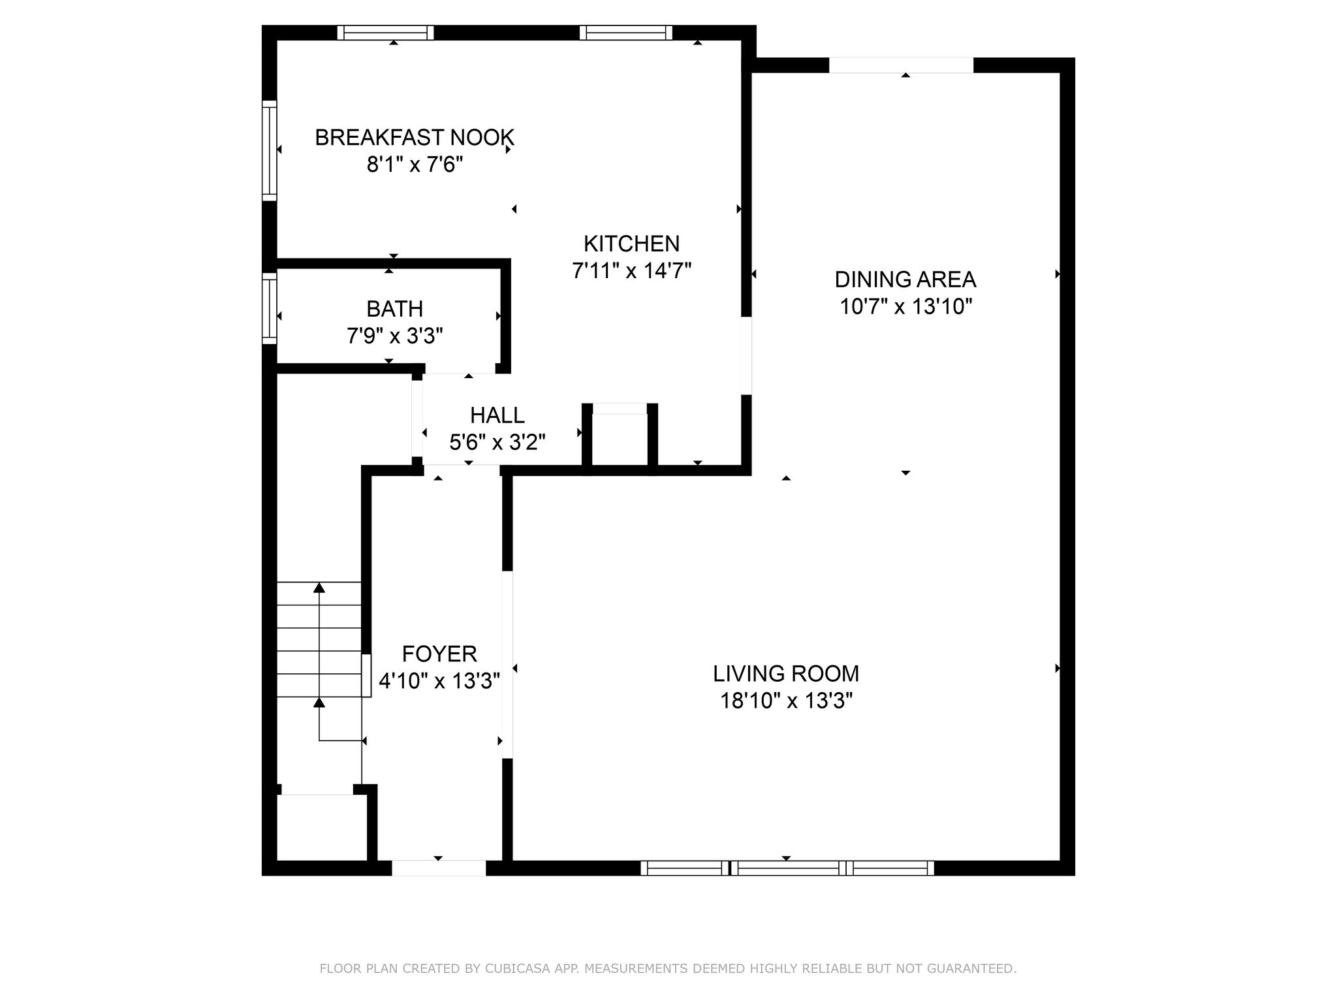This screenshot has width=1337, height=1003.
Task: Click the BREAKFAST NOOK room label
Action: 415,138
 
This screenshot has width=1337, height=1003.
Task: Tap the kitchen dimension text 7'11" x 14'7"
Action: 631,270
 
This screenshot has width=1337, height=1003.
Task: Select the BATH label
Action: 394,309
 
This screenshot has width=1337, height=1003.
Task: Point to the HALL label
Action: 497,415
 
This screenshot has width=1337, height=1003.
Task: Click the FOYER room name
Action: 439,654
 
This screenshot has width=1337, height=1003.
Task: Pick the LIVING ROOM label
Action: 785,673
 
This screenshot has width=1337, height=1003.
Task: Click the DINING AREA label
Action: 905,279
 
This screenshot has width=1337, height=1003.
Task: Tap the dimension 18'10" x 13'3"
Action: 786,701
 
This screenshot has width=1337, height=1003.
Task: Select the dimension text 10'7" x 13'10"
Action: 905,306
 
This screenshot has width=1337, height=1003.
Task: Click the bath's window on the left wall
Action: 269,308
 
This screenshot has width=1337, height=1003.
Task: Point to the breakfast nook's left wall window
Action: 269,150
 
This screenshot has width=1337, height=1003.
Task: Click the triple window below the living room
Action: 787,868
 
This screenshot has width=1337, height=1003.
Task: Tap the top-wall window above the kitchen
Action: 625,33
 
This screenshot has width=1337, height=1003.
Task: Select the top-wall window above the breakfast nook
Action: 385,33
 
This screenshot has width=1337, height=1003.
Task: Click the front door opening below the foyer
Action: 438,868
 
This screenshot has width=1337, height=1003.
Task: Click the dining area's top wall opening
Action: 901,65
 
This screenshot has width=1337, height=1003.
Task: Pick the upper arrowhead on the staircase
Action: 319,588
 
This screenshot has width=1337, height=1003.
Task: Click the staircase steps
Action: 319,640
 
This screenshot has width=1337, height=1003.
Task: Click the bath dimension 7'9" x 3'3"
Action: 394,336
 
